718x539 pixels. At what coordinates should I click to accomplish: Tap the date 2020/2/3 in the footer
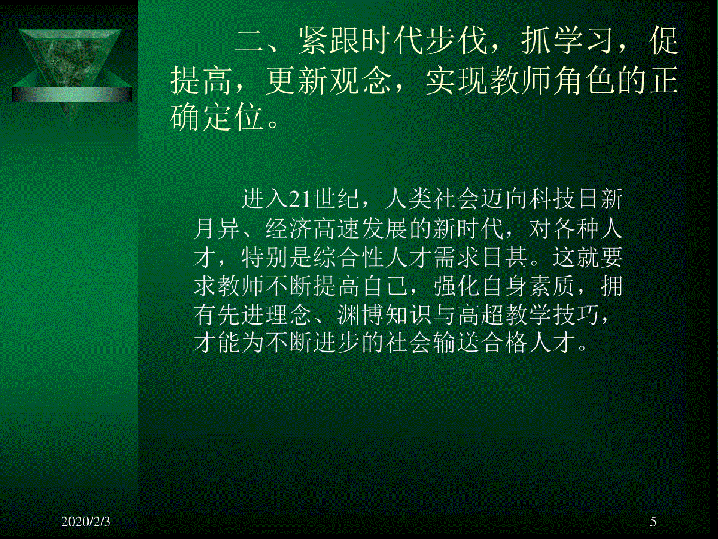86,522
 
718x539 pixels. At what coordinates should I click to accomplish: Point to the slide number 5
653,522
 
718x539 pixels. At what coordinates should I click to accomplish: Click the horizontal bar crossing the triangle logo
72,95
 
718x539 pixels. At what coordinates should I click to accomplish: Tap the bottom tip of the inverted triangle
69,124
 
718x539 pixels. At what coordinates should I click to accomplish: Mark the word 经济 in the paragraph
288,228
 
